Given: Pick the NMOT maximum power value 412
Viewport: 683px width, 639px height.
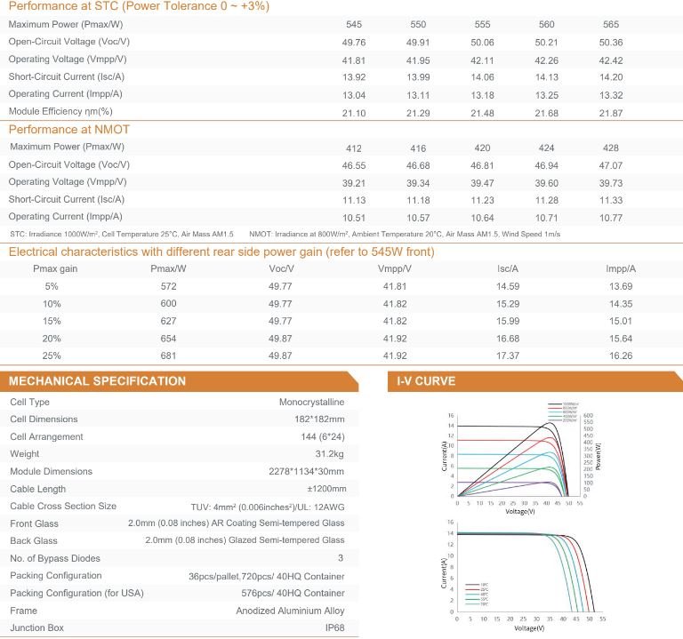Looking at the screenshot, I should pyautogui.click(x=380, y=148).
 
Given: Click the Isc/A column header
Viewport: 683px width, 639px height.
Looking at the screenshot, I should pyautogui.click(x=508, y=268).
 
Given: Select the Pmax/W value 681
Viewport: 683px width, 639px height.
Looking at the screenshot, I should pyautogui.click(x=167, y=355).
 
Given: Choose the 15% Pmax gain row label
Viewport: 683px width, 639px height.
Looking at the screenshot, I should pyautogui.click(x=52, y=321).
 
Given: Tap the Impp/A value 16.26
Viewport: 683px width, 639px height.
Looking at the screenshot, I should pyautogui.click(x=621, y=355).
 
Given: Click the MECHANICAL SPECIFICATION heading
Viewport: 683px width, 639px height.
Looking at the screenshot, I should pyautogui.click(x=98, y=381).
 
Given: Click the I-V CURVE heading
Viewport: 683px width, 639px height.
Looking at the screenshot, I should pyautogui.click(x=426, y=381).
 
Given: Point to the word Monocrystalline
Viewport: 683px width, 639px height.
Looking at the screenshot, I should pyautogui.click(x=311, y=402).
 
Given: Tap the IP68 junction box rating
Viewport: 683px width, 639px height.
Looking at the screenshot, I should pyautogui.click(x=333, y=628).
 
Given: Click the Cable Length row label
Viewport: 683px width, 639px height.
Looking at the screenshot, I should pyautogui.click(x=38, y=489).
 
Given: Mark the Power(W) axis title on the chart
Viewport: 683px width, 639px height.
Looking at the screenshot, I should pyautogui.click(x=599, y=454).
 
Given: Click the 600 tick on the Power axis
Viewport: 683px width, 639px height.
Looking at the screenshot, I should pyautogui.click(x=587, y=415).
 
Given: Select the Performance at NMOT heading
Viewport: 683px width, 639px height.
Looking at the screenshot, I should pyautogui.click(x=69, y=130).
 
